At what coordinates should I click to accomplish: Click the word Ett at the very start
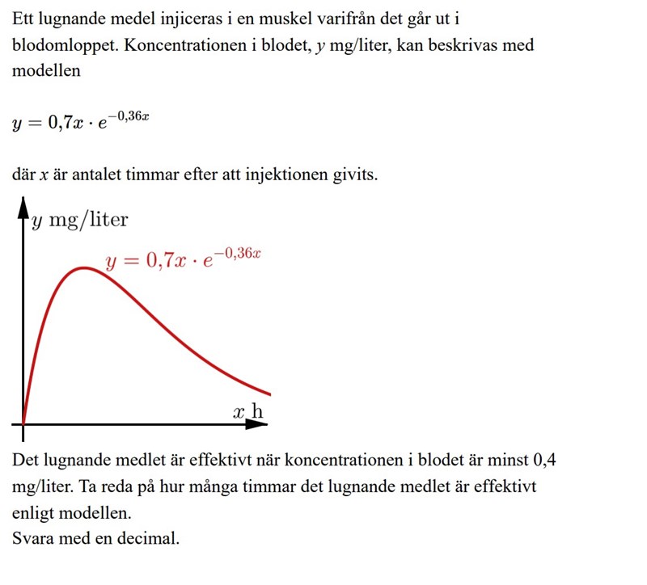pyautogui.click(x=24, y=18)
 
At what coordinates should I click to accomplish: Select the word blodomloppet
pyautogui.click(x=64, y=44)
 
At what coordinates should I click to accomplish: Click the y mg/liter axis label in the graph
pyautogui.click(x=79, y=221)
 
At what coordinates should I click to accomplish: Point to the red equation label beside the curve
pyautogui.click(x=184, y=260)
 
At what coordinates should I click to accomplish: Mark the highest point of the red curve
pyautogui.click(x=84, y=267)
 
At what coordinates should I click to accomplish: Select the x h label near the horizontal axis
pyautogui.click(x=248, y=412)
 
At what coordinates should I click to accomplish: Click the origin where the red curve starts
pyautogui.click(x=23, y=423)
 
